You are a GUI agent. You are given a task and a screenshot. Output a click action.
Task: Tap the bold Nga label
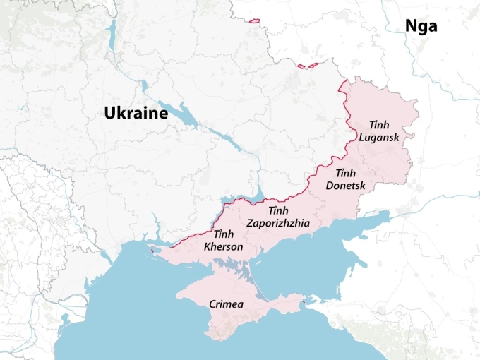pyautogui.click(x=421, y=27)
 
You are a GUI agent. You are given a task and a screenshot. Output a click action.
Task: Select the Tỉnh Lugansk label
pyautogui.click(x=379, y=131)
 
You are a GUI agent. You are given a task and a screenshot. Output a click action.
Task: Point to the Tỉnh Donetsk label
pyautogui.click(x=345, y=179)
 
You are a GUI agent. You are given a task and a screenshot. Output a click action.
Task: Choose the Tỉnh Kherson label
pyautogui.click(x=223, y=241)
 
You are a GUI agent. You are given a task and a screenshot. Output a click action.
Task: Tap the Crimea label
pyautogui.click(x=227, y=304)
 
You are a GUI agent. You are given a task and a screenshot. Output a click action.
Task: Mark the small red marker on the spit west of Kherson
pyautogui.click(x=151, y=250)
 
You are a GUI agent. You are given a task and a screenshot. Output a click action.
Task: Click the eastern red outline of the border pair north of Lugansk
pyautogui.click(x=311, y=66)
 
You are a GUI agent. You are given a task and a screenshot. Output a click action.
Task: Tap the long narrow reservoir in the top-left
pyautogui.click(x=111, y=32)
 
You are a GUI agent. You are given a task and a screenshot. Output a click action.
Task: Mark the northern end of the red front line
pyautogui.click(x=344, y=84)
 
